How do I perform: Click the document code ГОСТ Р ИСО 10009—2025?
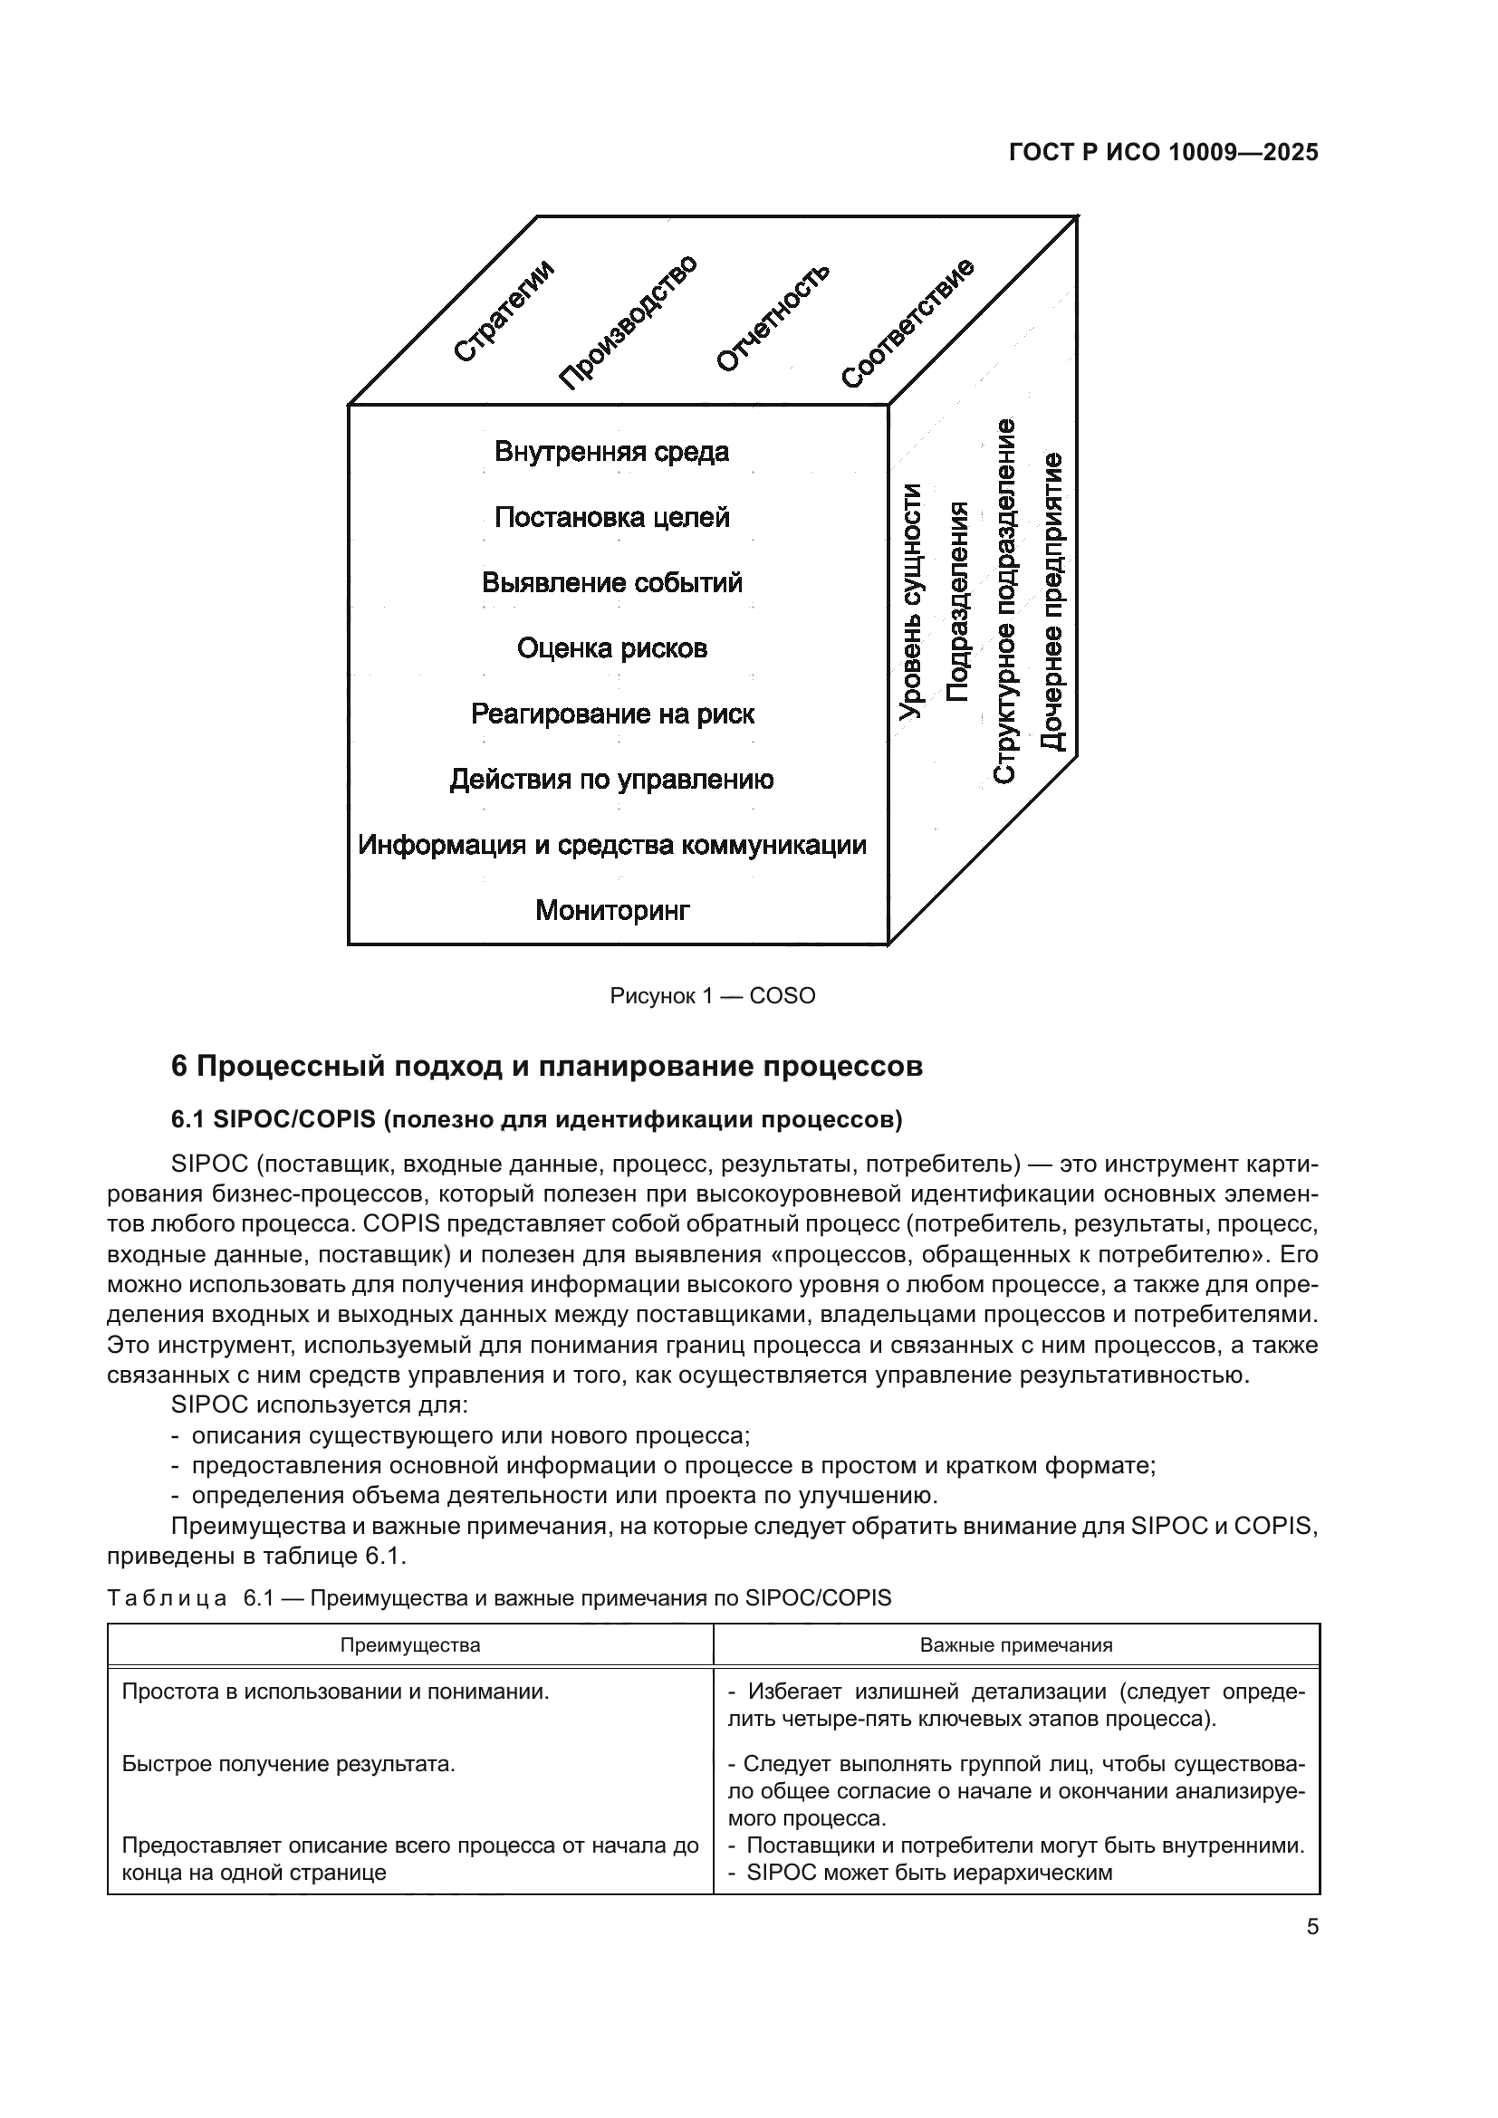(x=1163, y=153)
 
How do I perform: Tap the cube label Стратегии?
(x=504, y=311)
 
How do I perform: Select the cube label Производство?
(x=629, y=322)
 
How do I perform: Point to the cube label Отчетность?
(x=772, y=317)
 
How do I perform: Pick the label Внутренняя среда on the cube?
(x=611, y=452)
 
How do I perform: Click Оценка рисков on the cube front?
(x=611, y=648)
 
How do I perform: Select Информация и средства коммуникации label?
(x=611, y=845)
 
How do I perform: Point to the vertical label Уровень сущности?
(x=911, y=600)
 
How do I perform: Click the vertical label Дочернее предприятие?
(x=1051, y=600)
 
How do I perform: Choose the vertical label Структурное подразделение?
(x=1004, y=600)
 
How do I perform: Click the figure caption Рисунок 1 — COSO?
(x=712, y=996)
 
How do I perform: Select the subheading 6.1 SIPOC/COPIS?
(x=536, y=1120)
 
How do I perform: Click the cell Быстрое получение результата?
(x=289, y=1765)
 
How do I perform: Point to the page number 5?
(x=1311, y=1927)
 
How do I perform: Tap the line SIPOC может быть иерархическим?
(x=929, y=1873)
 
